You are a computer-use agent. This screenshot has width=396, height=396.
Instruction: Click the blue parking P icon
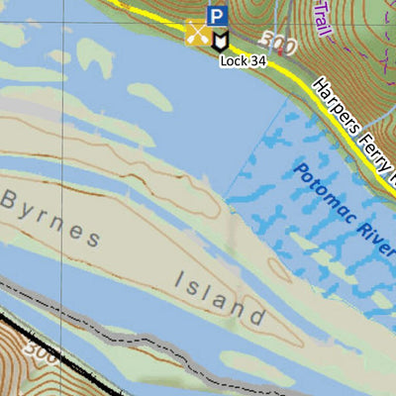[x=217, y=15]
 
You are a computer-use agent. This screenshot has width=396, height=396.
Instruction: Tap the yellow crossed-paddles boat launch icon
[x=197, y=35]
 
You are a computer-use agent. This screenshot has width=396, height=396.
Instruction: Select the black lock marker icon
[x=219, y=38]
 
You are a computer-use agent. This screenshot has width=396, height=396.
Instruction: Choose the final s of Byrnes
[x=92, y=239]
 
